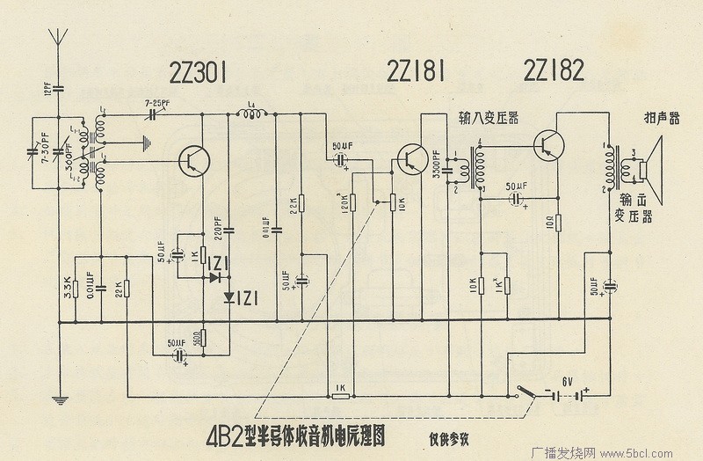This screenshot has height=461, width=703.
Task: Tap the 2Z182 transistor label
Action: click(553, 71)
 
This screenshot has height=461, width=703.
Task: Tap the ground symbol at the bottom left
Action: click(59, 401)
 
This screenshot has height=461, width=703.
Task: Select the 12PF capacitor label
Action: click(47, 89)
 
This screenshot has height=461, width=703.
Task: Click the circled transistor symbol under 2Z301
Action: click(192, 159)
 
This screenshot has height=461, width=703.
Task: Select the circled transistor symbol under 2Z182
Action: click(549, 143)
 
